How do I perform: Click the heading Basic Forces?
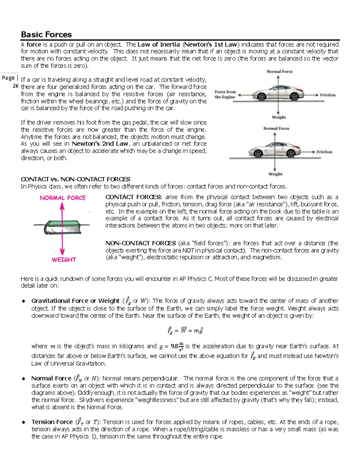tap(46, 35)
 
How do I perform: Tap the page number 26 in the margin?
tap(16, 86)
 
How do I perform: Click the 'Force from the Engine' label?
tap(225, 95)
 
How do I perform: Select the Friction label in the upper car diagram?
tap(328, 95)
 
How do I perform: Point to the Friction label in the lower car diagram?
tap(324, 152)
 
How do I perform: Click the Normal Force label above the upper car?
tap(280, 71)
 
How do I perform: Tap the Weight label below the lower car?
tap(275, 174)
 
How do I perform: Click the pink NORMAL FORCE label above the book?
tap(63, 198)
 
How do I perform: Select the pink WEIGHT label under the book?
tap(64, 260)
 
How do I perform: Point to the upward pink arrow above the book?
tap(62, 212)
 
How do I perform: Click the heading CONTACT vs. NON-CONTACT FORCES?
tap(75, 179)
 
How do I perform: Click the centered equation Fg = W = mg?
tap(185, 330)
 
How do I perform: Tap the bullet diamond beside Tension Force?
tap(24, 422)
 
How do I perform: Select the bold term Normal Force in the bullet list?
tap(51, 378)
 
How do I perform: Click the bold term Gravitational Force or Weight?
tap(75, 301)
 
